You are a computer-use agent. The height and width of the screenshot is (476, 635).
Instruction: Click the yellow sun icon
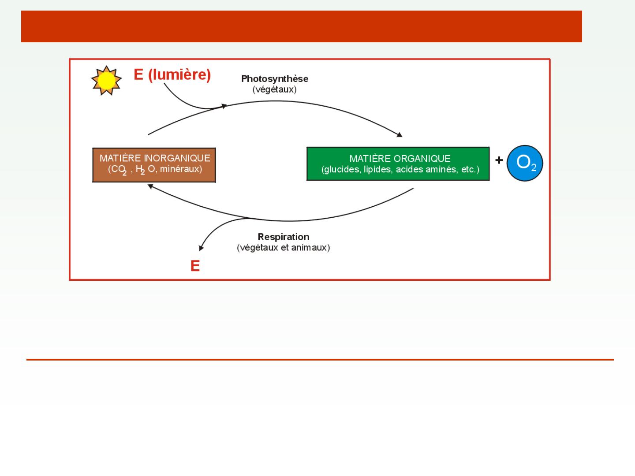pyautogui.click(x=106, y=81)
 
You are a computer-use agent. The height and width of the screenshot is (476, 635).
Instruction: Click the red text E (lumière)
pyautogui.click(x=172, y=75)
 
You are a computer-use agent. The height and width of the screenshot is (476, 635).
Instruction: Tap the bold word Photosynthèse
pyautogui.click(x=274, y=79)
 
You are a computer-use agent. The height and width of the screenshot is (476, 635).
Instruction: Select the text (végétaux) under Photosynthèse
pyautogui.click(x=274, y=89)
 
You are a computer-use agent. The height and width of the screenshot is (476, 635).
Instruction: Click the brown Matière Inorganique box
pyautogui.click(x=154, y=165)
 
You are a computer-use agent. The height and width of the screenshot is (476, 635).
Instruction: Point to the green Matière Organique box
pyautogui.click(x=398, y=164)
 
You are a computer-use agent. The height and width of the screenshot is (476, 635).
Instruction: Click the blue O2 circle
pyautogui.click(x=525, y=164)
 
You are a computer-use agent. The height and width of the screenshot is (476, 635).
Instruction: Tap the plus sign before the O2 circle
pyautogui.click(x=499, y=160)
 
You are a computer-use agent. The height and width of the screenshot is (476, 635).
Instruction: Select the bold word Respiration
pyautogui.click(x=284, y=237)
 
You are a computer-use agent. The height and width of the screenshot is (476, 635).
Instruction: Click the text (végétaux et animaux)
pyautogui.click(x=284, y=248)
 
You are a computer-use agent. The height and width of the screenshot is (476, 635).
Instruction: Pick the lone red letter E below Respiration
pyautogui.click(x=195, y=266)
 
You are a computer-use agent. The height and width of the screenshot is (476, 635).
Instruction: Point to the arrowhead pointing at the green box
pyautogui.click(x=400, y=135)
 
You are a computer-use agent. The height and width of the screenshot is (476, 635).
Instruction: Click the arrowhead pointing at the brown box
pyautogui.click(x=150, y=186)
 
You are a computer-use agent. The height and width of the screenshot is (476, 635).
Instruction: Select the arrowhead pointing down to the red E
pyautogui.click(x=201, y=249)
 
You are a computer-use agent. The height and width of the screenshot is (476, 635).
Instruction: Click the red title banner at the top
pyautogui.click(x=302, y=26)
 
